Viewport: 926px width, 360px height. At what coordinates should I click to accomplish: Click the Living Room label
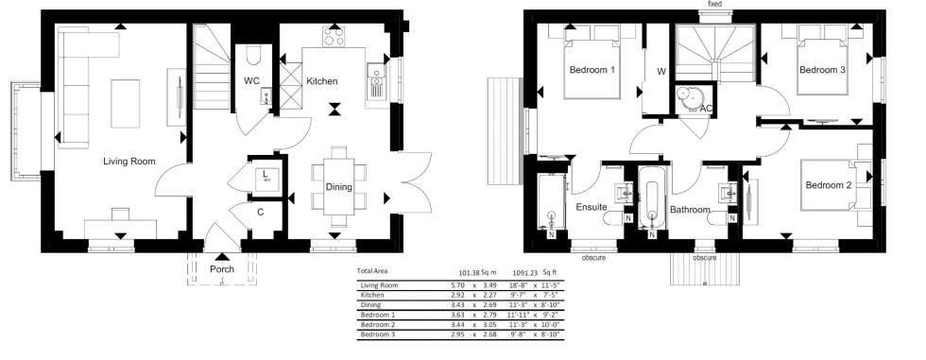tap(129, 162)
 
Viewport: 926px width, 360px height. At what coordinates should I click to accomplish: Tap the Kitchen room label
tap(322, 82)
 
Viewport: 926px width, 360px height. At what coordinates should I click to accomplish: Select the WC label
tap(252, 81)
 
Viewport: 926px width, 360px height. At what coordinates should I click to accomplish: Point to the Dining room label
tap(338, 187)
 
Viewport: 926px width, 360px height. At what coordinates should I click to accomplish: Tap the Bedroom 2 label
tap(829, 186)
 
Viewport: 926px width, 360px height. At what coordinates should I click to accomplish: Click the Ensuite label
tap(592, 207)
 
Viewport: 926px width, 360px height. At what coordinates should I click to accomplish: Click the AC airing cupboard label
tap(705, 110)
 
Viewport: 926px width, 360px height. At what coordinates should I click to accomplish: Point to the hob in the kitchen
tap(335, 37)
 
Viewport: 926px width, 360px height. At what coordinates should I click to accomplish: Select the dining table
tap(339, 185)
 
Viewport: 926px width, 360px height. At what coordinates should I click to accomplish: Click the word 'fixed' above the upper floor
tap(714, 6)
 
